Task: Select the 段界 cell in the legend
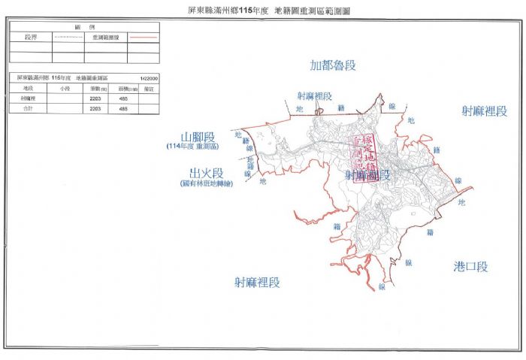(30, 35)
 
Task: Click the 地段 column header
(29, 89)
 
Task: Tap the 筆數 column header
(95, 89)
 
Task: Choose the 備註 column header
(147, 89)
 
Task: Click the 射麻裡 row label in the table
(29, 99)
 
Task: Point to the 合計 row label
(29, 109)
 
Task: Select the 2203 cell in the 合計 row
(95, 109)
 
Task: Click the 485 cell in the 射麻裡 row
(122, 99)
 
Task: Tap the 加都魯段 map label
(334, 65)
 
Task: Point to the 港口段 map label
(471, 267)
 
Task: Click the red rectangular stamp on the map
(364, 155)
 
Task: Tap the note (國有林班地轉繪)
(207, 183)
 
